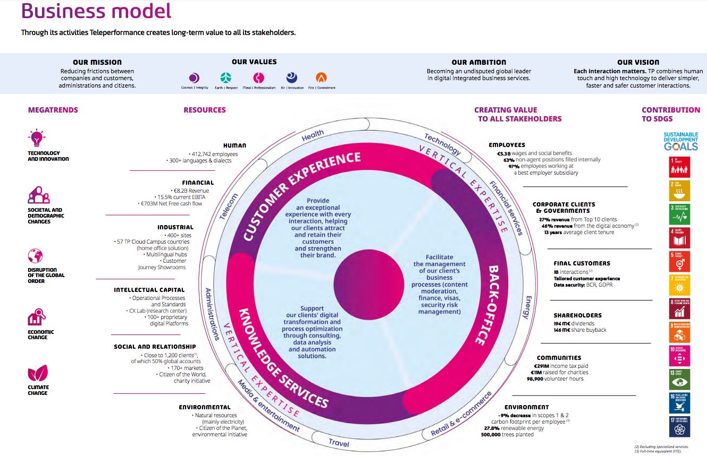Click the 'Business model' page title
click(96, 11)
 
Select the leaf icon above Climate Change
click(38, 373)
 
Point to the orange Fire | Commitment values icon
click(321, 78)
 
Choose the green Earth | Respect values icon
click(226, 78)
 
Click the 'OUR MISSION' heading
click(97, 62)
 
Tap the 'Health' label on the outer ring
click(313, 136)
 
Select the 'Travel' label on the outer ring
click(339, 442)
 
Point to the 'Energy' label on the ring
click(527, 307)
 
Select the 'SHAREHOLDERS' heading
click(577, 315)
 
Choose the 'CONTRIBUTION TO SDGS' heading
click(670, 114)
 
